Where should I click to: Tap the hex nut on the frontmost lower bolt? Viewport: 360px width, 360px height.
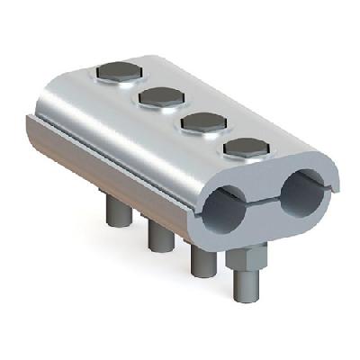pyautogui.click(x=243, y=262)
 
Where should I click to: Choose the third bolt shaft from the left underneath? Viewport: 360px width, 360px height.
pyautogui.click(x=203, y=261)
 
